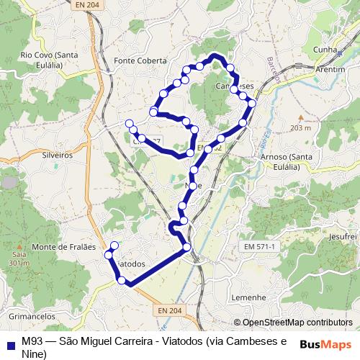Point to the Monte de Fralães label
(65, 246)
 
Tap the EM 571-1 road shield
(260, 247)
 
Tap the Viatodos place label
(131, 264)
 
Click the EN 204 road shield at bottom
(165, 310)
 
